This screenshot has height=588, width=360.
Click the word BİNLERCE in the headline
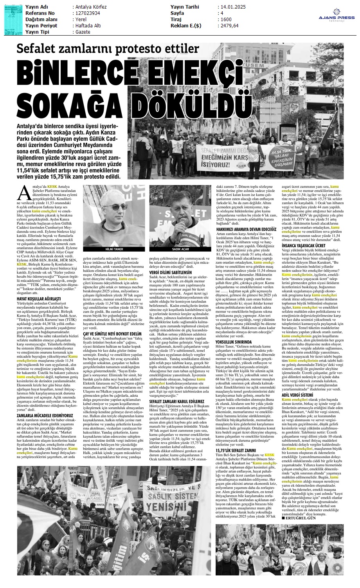(x=65, y=72)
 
